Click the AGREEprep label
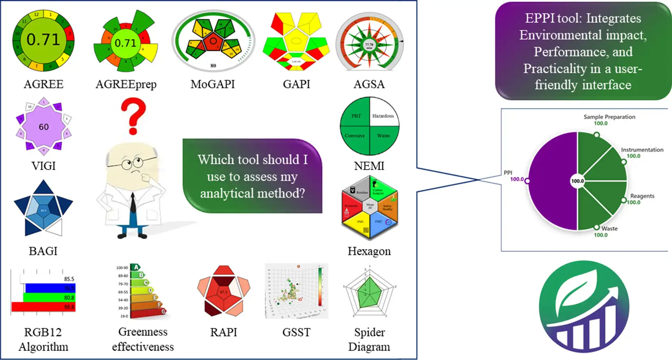tap(126, 84)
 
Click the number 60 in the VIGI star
tap(44, 127)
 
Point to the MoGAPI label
tap(212, 84)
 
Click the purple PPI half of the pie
tap(553, 181)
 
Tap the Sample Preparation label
tap(609, 117)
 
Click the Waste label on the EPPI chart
tap(609, 228)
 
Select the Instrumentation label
tap(642, 150)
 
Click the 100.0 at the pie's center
tap(577, 181)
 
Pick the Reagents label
tap(642, 196)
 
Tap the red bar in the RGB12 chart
tap(43, 307)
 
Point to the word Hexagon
tap(369, 251)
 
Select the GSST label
tap(296, 332)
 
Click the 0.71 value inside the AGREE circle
tap(43, 39)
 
